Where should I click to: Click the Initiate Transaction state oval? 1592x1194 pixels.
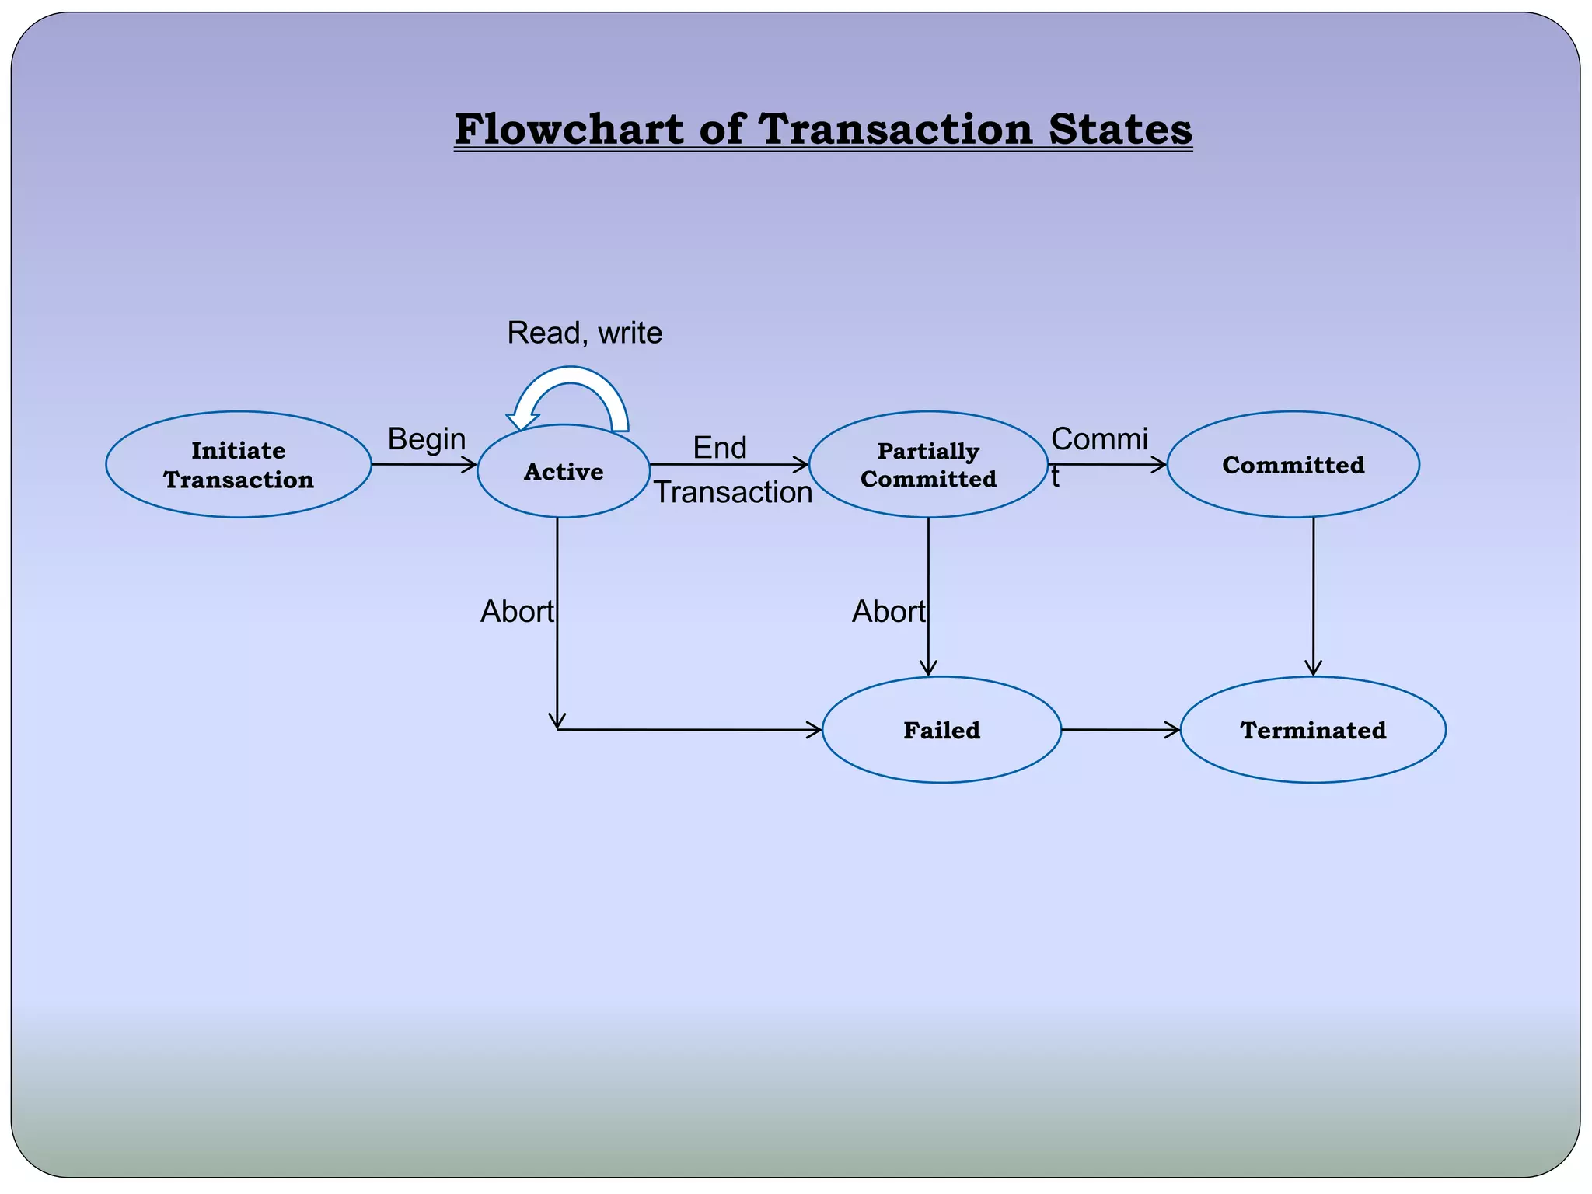(x=239, y=465)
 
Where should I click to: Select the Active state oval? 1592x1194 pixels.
(x=564, y=471)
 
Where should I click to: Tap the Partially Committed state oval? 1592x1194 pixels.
(x=928, y=465)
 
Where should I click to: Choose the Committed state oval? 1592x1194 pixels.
(x=1293, y=465)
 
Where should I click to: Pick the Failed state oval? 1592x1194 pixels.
(x=941, y=730)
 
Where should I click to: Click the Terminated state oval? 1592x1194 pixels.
(x=1313, y=730)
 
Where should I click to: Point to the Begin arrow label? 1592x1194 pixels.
(x=427, y=439)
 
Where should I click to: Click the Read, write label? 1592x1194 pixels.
(x=585, y=333)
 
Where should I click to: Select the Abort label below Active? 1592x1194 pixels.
(x=517, y=612)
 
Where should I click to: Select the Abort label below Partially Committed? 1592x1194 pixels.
(x=889, y=612)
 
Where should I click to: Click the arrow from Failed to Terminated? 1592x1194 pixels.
(x=1120, y=730)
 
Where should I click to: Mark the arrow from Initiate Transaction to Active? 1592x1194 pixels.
(x=424, y=465)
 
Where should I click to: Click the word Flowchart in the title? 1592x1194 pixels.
(x=568, y=129)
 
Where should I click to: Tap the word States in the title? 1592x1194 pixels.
(x=1120, y=129)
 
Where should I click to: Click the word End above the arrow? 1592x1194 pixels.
(x=720, y=448)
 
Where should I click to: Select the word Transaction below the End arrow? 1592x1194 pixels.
(x=732, y=492)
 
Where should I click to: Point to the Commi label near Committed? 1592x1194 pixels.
(x=1099, y=439)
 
